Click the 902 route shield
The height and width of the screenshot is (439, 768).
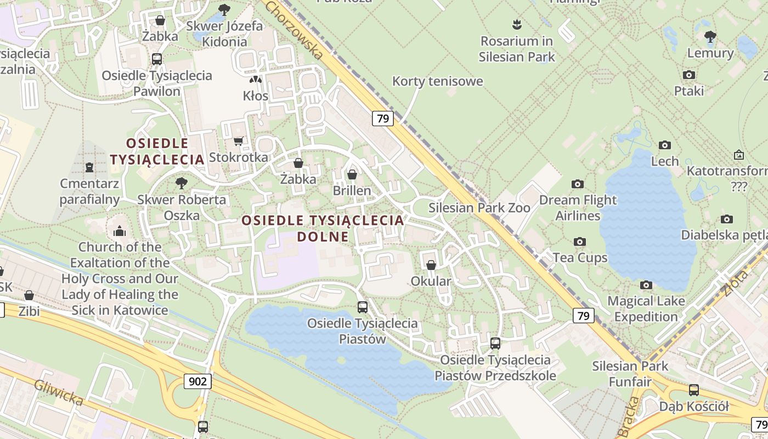[x=197, y=381]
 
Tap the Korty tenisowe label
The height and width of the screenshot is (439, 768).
[x=438, y=81]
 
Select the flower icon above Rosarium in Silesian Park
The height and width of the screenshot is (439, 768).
[x=516, y=24]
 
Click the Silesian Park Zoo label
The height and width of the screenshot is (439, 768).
[x=479, y=208]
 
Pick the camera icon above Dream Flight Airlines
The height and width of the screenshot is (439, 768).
[x=577, y=184]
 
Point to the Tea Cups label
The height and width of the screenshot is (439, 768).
[x=580, y=257]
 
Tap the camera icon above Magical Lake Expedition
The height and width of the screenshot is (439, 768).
[x=646, y=285]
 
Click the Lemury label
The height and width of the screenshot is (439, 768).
[x=710, y=53]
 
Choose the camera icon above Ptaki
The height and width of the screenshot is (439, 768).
[x=689, y=75]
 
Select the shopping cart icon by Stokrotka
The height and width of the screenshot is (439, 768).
[x=238, y=142]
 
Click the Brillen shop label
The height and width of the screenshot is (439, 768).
[x=352, y=190]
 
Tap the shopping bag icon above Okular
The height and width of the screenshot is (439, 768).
[x=431, y=265]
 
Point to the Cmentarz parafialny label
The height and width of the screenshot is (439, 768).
[x=89, y=191]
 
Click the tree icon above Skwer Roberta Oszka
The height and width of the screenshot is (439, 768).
[x=181, y=183]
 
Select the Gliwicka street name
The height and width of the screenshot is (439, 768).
[x=58, y=392]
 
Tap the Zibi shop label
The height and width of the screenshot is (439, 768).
[x=29, y=311]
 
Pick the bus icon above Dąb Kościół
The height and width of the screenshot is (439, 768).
[x=694, y=390]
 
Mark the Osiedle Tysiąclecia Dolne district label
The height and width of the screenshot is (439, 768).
[x=323, y=228]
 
